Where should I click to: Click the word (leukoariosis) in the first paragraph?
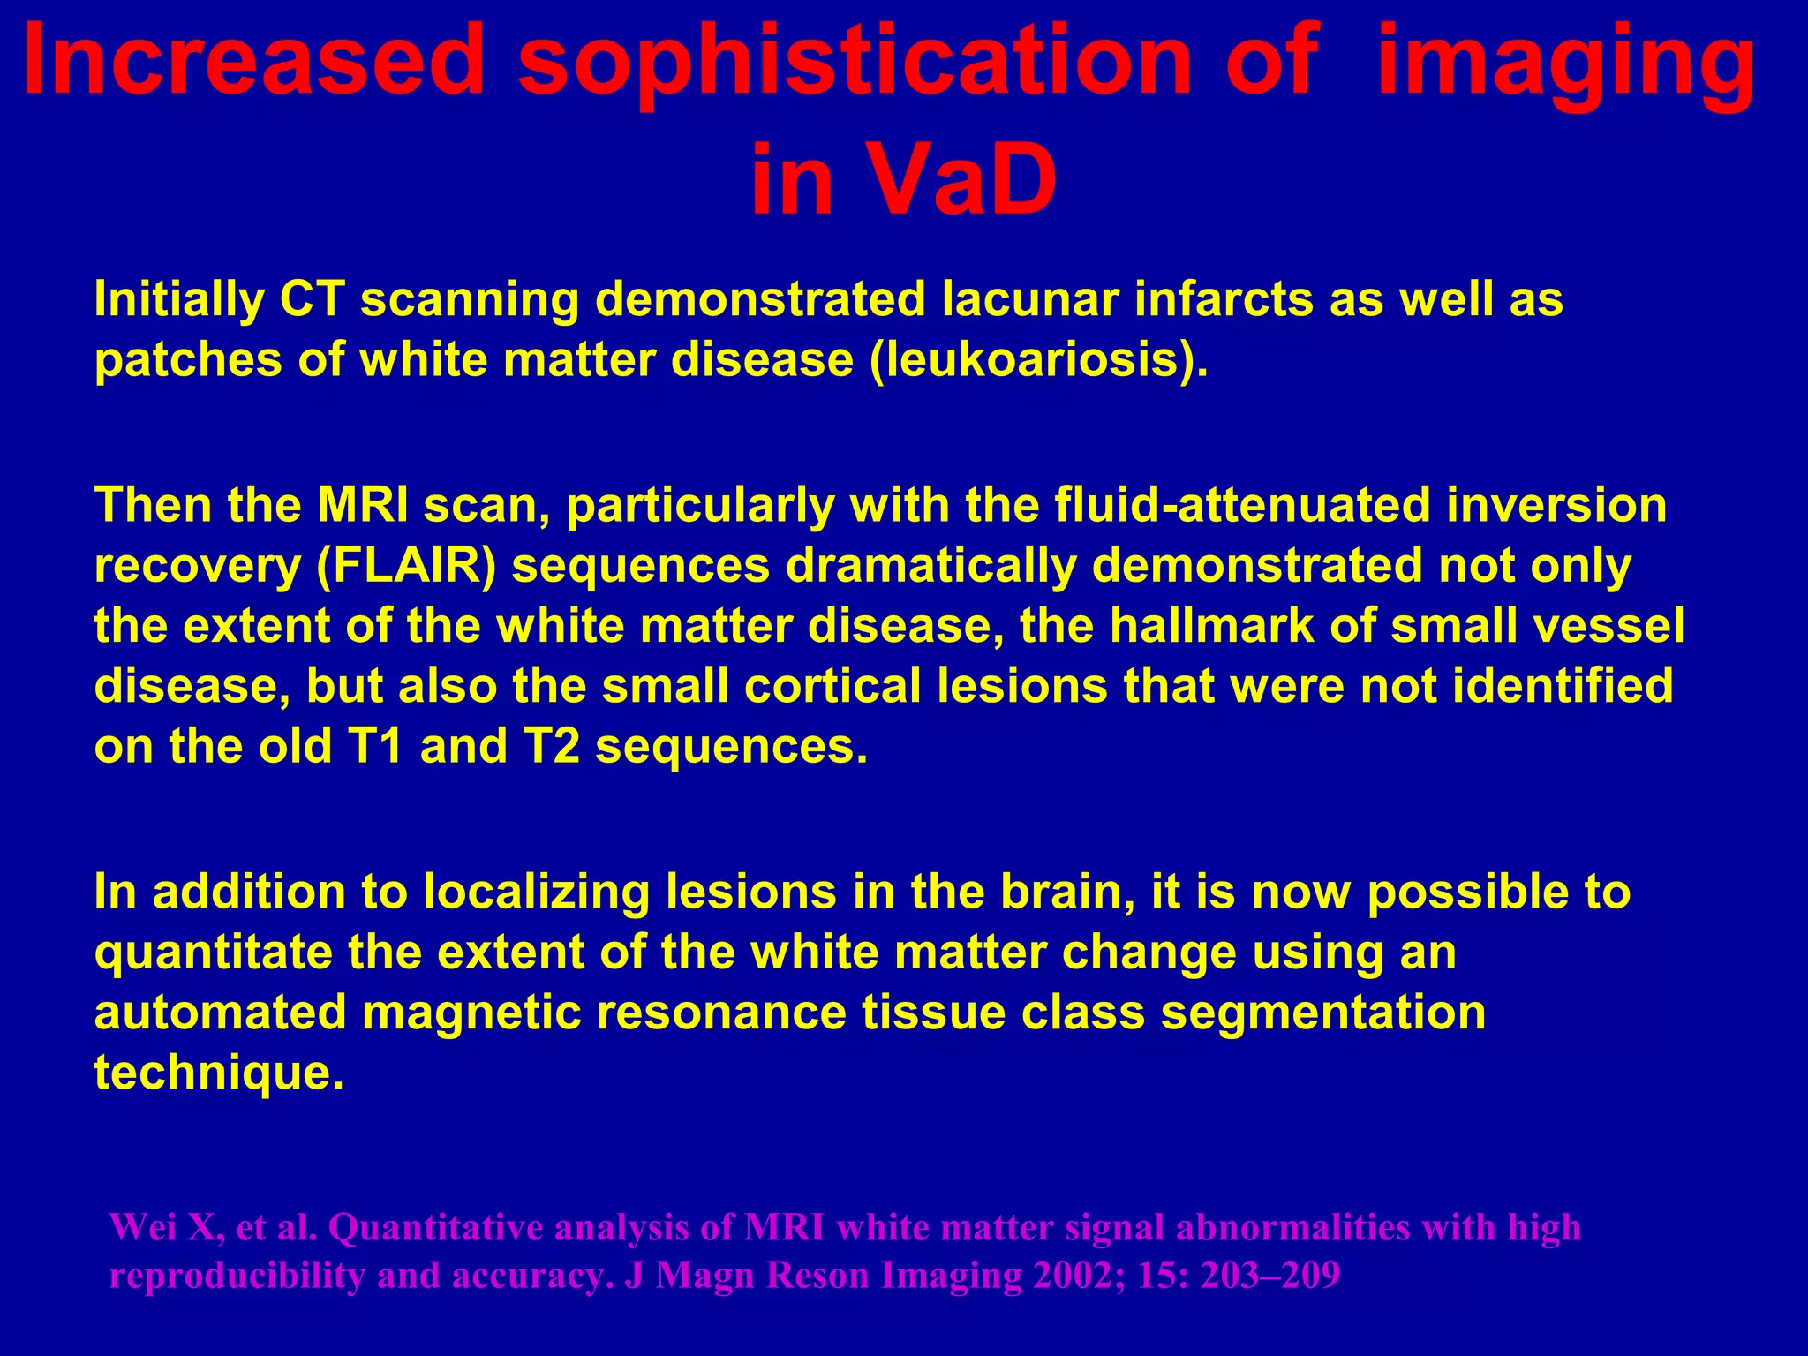1038,360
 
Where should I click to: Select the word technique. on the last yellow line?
218,1073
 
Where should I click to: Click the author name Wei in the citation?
144,1228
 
